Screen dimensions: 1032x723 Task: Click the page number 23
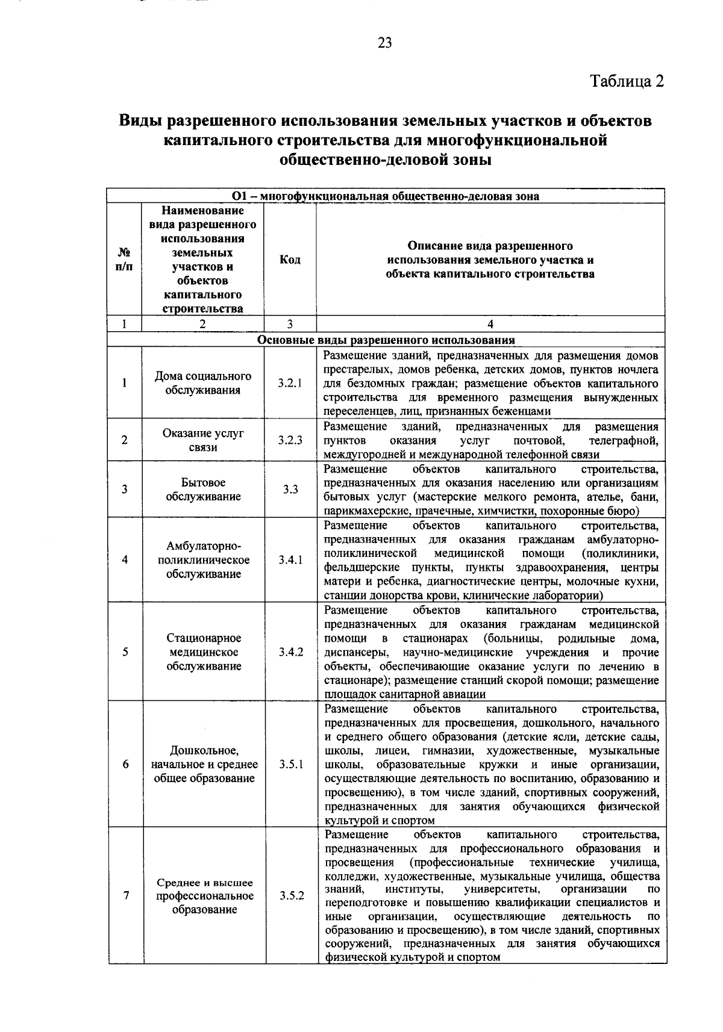[385, 42]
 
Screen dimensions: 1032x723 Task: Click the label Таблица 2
[627, 81]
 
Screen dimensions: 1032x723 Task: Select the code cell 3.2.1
[290, 383]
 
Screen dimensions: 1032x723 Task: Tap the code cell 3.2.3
[290, 440]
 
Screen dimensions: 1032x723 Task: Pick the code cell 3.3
[290, 490]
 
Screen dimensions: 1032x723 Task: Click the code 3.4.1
[290, 560]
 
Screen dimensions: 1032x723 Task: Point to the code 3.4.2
[290, 652]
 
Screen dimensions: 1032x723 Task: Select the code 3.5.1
[291, 765]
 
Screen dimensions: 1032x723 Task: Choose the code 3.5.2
[292, 895]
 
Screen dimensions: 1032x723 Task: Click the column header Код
[290, 260]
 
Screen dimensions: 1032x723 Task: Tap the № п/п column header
[124, 260]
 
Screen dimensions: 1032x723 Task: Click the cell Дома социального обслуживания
[203, 383]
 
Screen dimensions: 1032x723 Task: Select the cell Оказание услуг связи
[203, 440]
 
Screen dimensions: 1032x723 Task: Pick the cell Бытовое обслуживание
[203, 490]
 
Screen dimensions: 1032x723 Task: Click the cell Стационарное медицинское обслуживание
[204, 652]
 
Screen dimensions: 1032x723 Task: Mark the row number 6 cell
[125, 765]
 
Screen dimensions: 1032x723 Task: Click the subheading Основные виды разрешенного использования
[386, 340]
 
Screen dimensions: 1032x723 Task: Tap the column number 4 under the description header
[490, 324]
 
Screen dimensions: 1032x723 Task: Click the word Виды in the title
[140, 121]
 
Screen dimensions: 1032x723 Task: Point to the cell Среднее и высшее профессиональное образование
[205, 896]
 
